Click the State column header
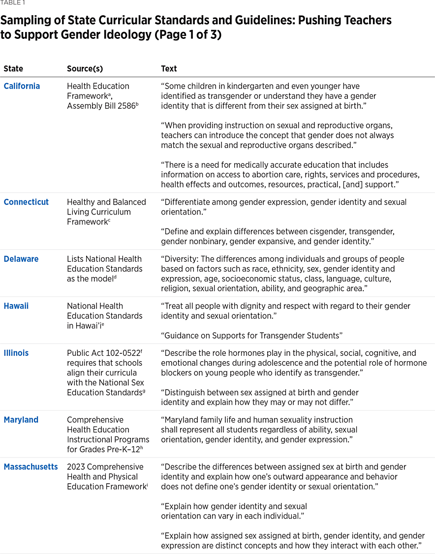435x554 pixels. [x=13, y=69]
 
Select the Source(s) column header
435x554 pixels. [x=85, y=69]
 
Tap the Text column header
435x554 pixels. [x=169, y=69]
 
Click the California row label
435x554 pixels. [x=22, y=86]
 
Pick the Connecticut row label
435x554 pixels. [x=26, y=202]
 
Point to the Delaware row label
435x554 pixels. [x=21, y=259]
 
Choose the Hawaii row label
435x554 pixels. [x=16, y=306]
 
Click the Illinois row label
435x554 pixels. [x=16, y=353]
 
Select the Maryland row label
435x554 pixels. [x=21, y=420]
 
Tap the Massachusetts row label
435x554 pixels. [x=31, y=467]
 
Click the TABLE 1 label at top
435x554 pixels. [x=12, y=3]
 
